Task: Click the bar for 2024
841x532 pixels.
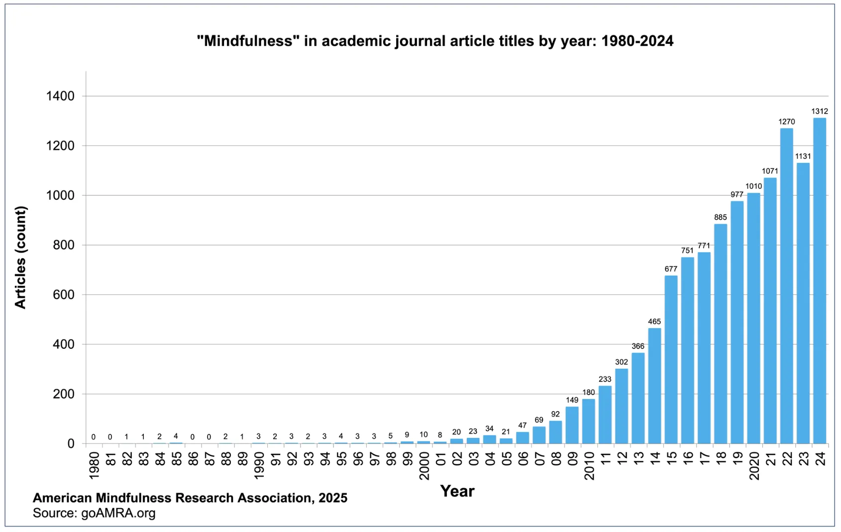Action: (820, 280)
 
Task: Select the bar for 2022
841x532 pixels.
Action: (787, 286)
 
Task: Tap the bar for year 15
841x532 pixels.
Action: (671, 360)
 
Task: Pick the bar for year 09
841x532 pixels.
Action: (572, 425)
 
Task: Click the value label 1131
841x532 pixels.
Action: (803, 156)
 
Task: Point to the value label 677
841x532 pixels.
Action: (671, 269)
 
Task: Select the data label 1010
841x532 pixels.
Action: (753, 186)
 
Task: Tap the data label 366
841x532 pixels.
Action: (638, 346)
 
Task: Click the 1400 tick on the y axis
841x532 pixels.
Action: (60, 96)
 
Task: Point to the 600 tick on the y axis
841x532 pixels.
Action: (64, 294)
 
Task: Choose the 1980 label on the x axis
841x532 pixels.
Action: (94, 465)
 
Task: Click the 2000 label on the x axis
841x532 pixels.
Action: (424, 465)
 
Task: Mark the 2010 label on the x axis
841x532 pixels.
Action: (589, 465)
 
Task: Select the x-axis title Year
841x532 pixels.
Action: (457, 491)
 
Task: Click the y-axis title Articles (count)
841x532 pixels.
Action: (20, 258)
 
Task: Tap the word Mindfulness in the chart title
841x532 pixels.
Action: (248, 41)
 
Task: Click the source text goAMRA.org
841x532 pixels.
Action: (118, 513)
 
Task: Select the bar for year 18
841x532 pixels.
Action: (721, 334)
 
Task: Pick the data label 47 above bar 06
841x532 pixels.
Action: (522, 425)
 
